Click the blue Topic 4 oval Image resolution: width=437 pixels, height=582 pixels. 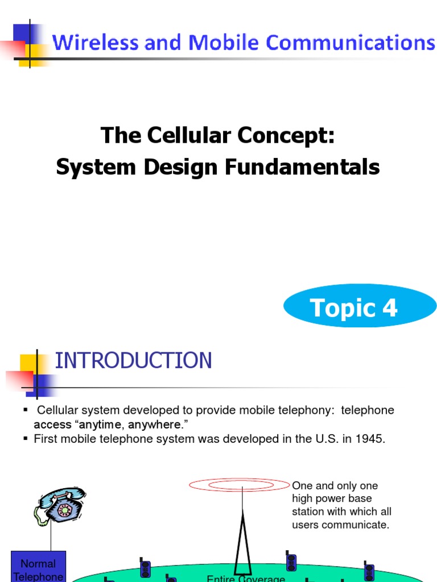pos(360,307)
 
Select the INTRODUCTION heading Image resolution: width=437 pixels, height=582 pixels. pos(133,360)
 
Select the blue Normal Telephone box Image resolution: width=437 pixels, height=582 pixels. pos(39,566)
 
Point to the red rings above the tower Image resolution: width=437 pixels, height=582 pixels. pos(240,485)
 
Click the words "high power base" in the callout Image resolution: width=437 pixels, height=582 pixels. pos(332,498)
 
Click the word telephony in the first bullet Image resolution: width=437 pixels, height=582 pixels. pos(315,410)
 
